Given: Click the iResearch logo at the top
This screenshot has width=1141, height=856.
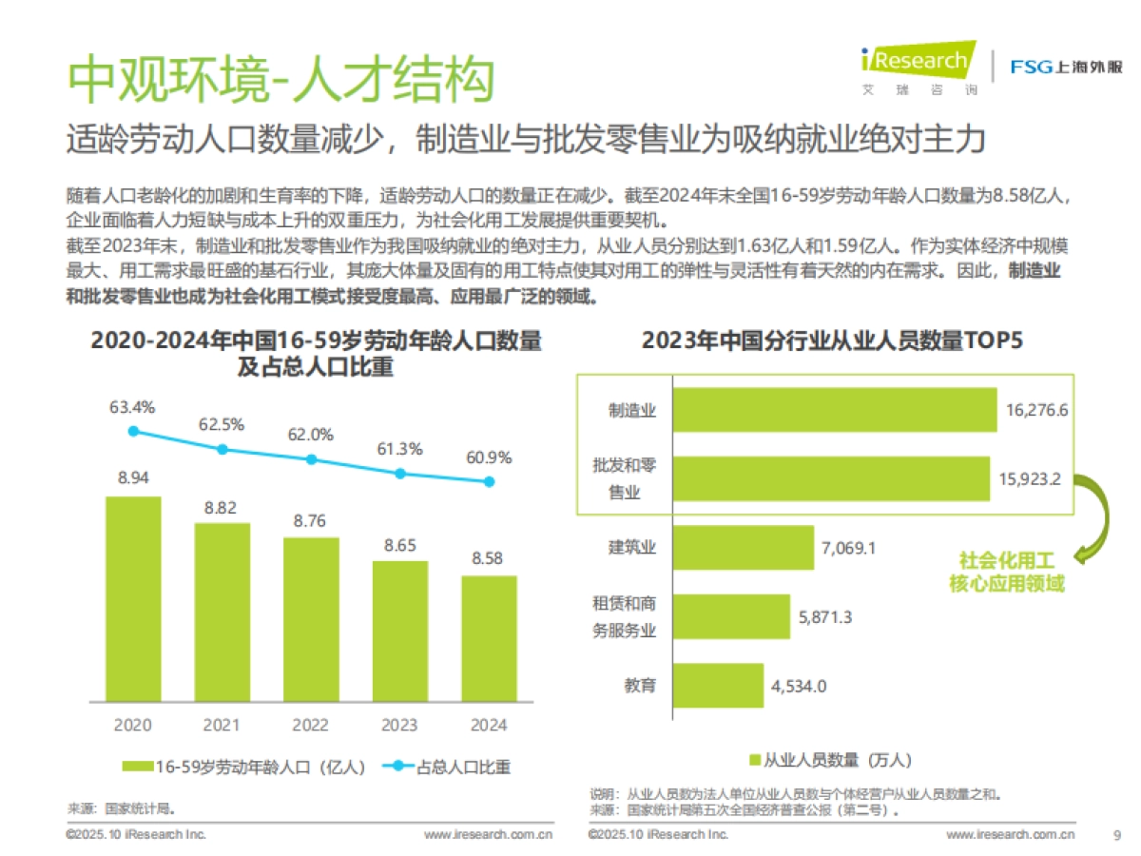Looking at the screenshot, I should [917, 66].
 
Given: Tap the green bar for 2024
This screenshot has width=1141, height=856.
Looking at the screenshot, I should [490, 638].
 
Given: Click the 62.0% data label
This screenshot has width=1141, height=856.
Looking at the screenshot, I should [311, 435].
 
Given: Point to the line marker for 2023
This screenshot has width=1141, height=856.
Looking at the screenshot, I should [400, 473].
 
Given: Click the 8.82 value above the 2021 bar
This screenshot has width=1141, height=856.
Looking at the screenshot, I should [222, 508].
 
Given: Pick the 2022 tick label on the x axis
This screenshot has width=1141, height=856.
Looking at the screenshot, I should [311, 725].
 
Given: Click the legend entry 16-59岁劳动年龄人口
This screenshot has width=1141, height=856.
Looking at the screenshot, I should [245, 767].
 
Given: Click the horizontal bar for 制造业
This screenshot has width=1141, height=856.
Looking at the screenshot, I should [835, 411].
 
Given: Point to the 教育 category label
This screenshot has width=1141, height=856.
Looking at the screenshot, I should [639, 685].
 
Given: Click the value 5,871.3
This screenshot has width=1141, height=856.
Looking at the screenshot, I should [825, 617].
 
